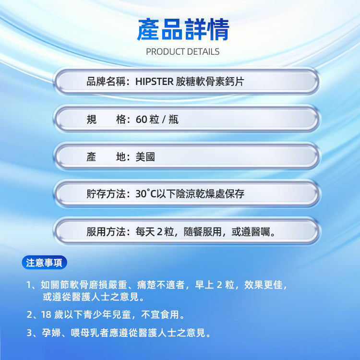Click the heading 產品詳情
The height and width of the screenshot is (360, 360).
point(183,30)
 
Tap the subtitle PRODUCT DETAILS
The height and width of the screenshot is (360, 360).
point(182,51)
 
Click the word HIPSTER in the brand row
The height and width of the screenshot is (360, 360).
point(154,82)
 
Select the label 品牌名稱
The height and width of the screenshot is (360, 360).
point(106,82)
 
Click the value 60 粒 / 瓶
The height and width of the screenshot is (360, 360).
point(157,120)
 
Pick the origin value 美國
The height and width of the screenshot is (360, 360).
point(145,157)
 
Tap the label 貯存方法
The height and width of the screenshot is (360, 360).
point(106,194)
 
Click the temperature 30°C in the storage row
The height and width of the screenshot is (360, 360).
point(147,194)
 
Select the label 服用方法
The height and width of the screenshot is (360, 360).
point(106,232)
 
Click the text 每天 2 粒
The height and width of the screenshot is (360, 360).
point(156,232)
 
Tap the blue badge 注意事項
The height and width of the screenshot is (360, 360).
point(45,263)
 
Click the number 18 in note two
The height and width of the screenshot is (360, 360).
point(46,315)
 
